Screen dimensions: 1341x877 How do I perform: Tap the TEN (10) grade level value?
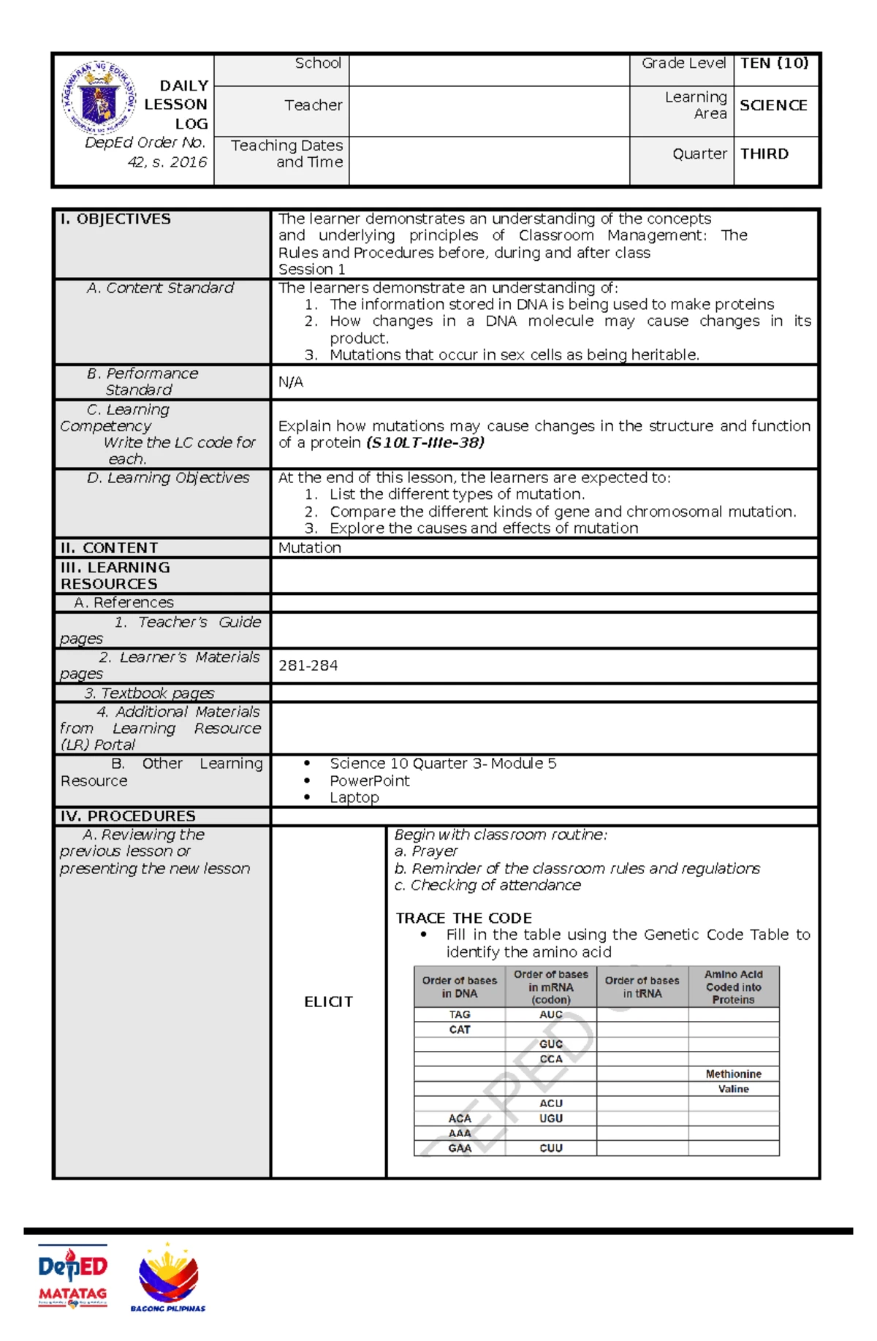pos(773,64)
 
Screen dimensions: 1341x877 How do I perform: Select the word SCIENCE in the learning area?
pos(772,105)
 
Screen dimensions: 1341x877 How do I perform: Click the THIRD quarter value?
pos(764,154)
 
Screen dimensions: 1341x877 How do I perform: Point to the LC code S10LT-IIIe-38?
pos(425,443)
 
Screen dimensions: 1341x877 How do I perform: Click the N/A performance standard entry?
pos(290,382)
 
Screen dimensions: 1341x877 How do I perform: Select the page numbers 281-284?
pos(308,666)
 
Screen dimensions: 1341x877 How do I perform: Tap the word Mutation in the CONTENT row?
pos(309,548)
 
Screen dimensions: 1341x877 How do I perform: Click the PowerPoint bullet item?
pos(369,780)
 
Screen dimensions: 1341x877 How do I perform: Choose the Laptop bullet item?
pos(354,797)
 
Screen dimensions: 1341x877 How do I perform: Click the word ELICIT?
pos(328,1002)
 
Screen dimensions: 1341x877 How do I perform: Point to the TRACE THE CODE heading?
pos(463,918)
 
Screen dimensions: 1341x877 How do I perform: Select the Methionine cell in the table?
pos(733,1074)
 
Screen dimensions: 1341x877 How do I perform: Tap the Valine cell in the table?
pos(733,1089)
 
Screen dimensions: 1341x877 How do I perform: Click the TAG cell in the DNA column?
pos(460,1014)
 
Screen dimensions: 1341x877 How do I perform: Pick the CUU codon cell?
pos(550,1148)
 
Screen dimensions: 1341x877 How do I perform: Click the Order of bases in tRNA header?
pos(642,987)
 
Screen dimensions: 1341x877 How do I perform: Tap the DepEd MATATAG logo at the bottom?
pos(72,1275)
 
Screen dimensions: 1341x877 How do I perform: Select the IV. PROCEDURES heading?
pos(128,816)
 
